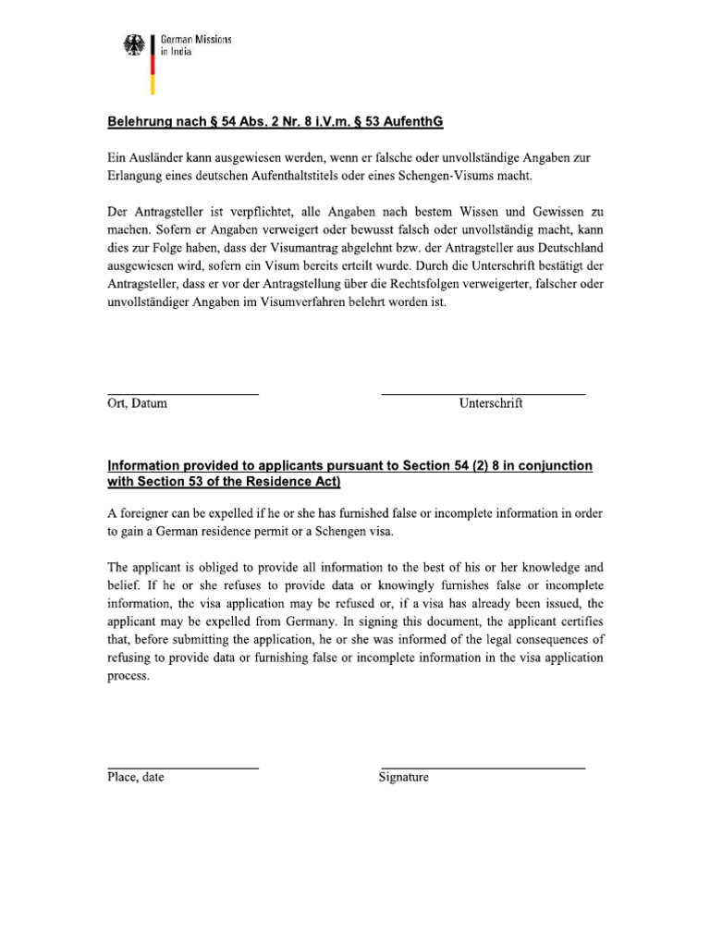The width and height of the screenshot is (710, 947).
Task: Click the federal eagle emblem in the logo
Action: point(134,47)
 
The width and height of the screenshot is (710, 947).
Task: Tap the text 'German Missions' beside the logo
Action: point(196,41)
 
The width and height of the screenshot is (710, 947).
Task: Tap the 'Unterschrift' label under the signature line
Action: point(491,404)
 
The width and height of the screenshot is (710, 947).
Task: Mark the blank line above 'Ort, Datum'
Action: point(183,395)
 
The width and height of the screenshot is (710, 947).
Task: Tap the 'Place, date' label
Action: point(136,778)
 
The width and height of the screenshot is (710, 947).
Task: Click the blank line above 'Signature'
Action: point(483,769)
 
